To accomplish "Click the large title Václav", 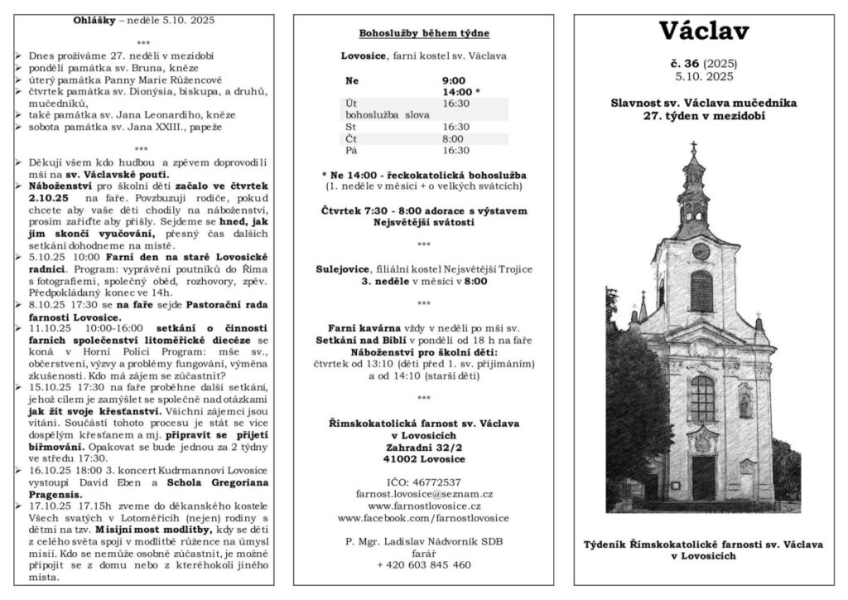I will click(x=704, y=31).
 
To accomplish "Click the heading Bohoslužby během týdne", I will click(x=423, y=34).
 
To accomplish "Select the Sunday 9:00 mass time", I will click(x=454, y=80).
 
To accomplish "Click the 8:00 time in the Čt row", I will click(x=454, y=138).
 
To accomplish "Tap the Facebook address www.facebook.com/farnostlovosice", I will click(x=423, y=517).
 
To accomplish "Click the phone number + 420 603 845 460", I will click(x=423, y=564).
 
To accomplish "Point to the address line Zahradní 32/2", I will click(x=423, y=447).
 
